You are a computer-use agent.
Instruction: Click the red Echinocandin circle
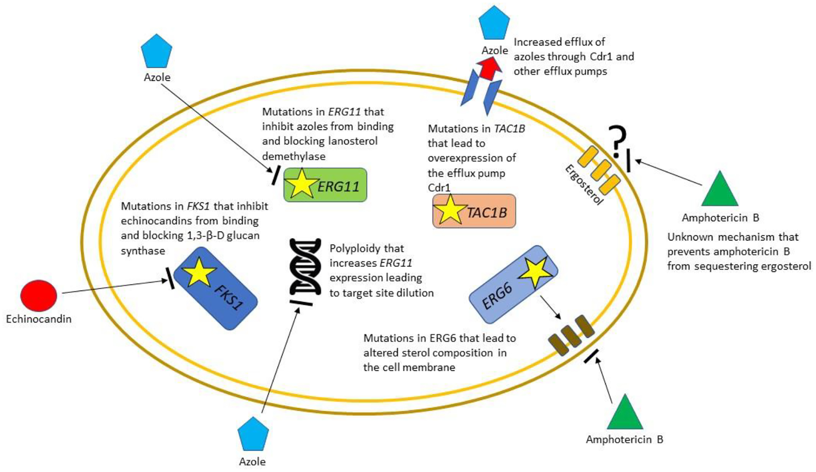[x=38, y=296]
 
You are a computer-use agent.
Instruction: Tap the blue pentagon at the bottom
[x=253, y=434]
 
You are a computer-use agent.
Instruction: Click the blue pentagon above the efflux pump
[x=494, y=23]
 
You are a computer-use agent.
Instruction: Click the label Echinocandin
[x=39, y=319]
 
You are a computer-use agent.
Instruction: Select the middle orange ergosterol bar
[x=601, y=170]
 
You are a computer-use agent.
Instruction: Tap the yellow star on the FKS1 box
[x=199, y=272]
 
